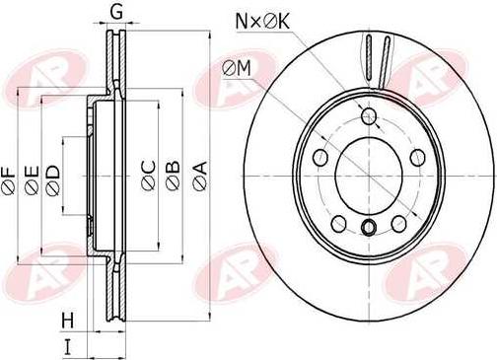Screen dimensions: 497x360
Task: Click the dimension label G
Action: tap(116, 12)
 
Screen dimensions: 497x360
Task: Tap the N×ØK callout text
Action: tap(262, 22)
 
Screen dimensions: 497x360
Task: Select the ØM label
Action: tap(236, 69)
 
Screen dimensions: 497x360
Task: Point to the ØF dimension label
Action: tap(9, 180)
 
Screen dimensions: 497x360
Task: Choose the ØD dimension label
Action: tap(53, 181)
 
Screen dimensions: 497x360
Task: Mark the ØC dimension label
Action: tap(148, 176)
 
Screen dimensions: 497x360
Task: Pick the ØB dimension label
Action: tap(174, 176)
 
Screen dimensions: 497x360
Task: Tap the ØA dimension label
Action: tap(200, 176)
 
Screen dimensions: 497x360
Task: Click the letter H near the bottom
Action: tap(68, 321)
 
